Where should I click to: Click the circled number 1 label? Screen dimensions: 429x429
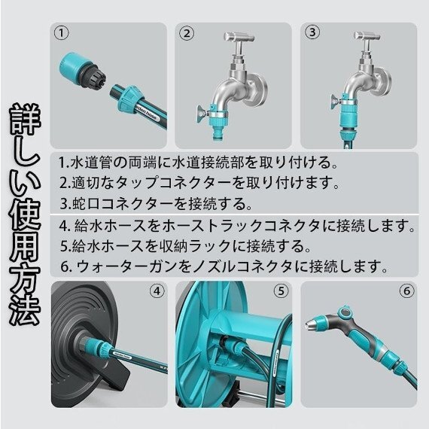[61, 33]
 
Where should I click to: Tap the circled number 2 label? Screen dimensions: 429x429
[187, 33]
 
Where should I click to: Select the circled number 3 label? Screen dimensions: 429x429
[312, 32]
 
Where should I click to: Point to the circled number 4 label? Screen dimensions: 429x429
[157, 291]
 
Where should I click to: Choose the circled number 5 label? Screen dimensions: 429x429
[281, 291]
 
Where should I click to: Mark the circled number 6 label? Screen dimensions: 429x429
[407, 291]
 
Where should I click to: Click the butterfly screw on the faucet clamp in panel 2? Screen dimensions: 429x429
[202, 113]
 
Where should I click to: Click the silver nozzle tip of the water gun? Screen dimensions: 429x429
[310, 324]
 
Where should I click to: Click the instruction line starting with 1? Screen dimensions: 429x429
[198, 163]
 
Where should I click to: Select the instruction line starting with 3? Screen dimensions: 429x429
[156, 203]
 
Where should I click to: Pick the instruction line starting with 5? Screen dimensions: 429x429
[185, 246]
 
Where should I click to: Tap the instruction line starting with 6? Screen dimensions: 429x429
[224, 266]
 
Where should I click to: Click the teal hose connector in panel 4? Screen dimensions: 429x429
[98, 346]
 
